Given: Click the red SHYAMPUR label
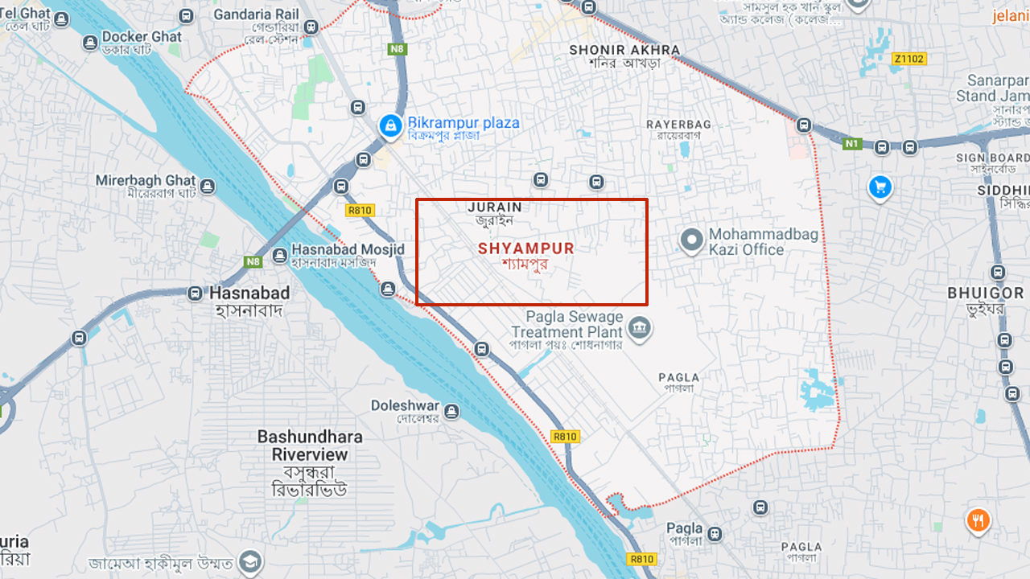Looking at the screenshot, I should tap(526, 248).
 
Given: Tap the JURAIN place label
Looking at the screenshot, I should tap(494, 207).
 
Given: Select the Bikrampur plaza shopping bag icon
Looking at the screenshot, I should tap(390, 125).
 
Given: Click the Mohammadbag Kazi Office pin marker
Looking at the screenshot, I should tap(691, 240).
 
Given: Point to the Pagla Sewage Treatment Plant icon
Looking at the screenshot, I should tap(640, 328).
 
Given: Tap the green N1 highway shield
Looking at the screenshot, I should tap(852, 144).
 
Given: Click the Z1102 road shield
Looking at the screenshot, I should tap(909, 59).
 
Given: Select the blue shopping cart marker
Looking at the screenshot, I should tap(880, 187).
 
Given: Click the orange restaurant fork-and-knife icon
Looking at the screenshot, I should tap(978, 520).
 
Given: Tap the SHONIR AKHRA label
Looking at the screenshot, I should tap(624, 50).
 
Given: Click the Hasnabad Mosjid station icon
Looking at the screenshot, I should tap(279, 256).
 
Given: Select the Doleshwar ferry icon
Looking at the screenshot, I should tap(452, 412).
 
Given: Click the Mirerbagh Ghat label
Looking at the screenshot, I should tap(146, 180).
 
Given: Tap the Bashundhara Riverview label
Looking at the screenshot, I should tap(310, 446).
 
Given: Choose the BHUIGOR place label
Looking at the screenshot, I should tap(986, 294).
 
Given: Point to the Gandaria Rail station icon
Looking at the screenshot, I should tap(311, 27).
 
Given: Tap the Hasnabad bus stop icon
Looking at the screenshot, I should tap(195, 294).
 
